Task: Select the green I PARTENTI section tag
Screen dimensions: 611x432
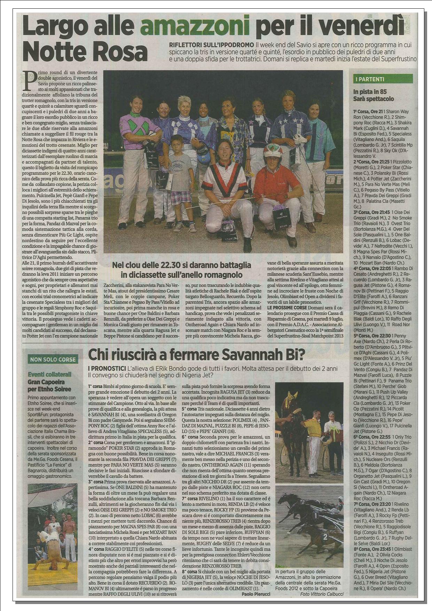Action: click(370, 79)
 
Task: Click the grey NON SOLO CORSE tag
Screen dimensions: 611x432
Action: click(53, 359)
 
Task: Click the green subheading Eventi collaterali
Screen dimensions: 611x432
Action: click(50, 374)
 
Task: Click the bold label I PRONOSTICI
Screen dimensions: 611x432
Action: click(106, 368)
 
